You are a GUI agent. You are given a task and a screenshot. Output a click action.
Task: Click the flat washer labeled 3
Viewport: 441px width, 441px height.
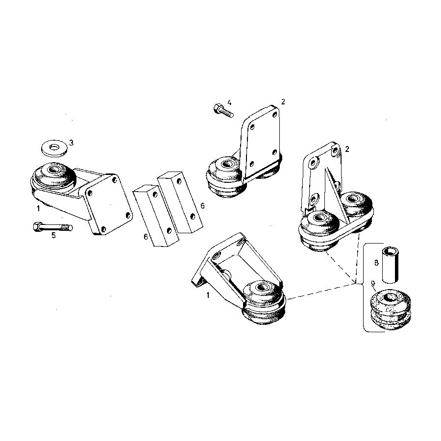coord(54,148)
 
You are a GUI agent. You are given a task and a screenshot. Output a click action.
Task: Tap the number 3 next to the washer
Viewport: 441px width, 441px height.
coord(72,143)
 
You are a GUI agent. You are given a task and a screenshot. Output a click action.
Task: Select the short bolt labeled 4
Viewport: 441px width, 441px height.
coord(223,111)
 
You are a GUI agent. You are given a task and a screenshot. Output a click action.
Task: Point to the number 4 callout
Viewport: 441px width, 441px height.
coord(229,102)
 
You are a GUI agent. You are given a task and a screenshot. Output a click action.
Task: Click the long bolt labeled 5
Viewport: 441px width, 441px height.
coord(52,227)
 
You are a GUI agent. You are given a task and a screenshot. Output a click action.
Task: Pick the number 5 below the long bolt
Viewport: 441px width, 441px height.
coord(53,235)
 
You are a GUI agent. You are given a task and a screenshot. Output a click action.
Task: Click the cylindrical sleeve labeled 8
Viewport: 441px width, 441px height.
coord(390,265)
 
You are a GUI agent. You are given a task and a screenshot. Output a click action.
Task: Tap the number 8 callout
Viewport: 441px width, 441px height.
coord(376,263)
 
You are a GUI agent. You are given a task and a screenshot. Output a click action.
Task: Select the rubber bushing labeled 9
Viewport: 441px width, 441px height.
coord(390,309)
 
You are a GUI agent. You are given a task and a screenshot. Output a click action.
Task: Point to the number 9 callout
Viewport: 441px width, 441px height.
coord(373,284)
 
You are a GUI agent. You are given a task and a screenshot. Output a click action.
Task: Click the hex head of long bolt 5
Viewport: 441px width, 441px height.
coord(38,226)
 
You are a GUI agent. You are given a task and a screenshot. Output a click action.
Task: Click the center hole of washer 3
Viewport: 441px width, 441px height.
coord(54,147)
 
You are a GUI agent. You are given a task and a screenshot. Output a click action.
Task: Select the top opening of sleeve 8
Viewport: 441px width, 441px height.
coord(391,250)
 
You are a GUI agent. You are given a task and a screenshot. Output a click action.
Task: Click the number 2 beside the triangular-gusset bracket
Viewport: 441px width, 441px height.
coord(347,149)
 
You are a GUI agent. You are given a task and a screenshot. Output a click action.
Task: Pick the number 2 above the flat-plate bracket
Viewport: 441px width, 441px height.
coord(283,102)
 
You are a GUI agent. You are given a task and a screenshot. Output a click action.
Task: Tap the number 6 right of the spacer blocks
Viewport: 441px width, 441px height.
coord(202,206)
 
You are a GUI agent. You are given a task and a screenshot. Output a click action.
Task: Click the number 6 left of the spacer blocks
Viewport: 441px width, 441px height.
coord(146,237)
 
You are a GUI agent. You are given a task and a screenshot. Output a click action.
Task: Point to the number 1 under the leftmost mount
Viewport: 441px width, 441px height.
coord(38,209)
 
